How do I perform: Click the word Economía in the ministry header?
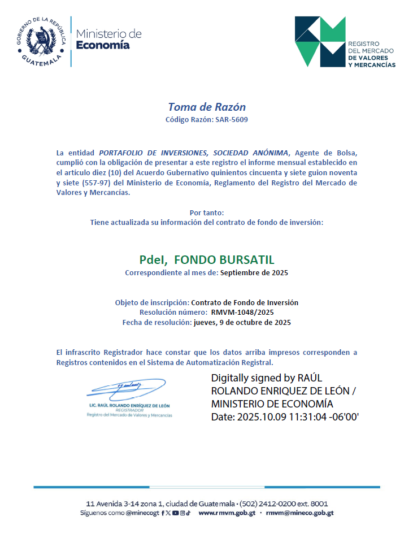103,45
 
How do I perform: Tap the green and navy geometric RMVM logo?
320,41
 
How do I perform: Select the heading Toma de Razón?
207,107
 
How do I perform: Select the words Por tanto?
207,212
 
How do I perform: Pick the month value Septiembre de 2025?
254,273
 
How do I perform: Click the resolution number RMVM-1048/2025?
243,312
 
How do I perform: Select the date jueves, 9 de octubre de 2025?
242,323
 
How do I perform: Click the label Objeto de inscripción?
152,302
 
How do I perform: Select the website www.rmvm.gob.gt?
227,513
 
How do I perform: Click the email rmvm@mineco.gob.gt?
299,513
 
